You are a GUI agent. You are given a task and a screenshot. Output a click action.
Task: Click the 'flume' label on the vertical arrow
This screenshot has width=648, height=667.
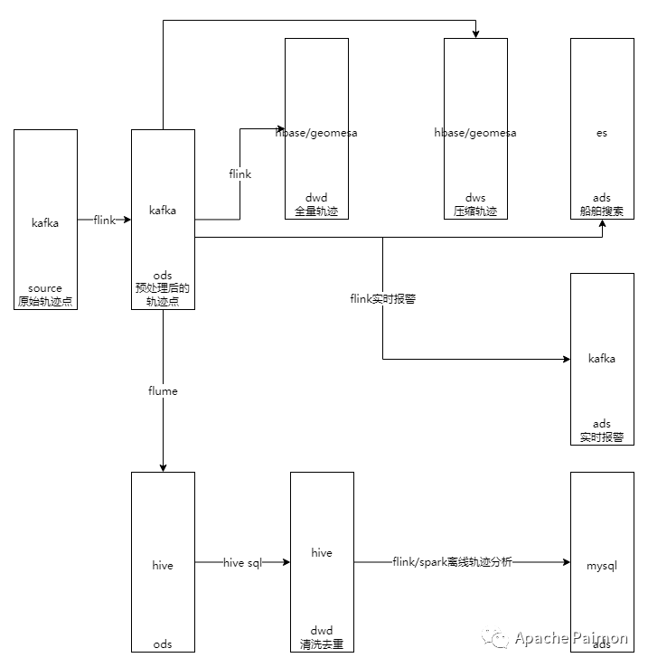point(163,391)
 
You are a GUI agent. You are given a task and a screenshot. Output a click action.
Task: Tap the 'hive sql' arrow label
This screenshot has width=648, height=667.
point(242,563)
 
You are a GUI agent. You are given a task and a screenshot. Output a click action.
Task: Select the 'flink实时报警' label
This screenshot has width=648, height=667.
point(383,299)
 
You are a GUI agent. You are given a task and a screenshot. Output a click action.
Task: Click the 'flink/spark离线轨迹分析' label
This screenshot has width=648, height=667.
point(452,562)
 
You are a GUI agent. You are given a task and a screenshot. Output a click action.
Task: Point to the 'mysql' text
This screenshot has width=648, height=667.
point(602,566)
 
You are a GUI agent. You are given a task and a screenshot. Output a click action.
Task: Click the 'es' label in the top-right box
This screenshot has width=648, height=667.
point(602,133)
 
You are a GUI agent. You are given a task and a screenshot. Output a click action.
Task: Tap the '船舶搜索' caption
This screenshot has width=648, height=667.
point(602,211)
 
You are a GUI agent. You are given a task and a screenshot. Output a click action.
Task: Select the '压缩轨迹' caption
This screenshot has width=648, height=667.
point(475,211)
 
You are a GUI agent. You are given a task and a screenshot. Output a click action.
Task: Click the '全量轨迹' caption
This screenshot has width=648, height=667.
point(316,211)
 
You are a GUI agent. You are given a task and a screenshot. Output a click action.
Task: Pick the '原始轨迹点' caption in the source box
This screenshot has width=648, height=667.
point(45,301)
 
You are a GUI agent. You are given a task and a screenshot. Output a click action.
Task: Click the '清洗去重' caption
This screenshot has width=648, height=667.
point(322,644)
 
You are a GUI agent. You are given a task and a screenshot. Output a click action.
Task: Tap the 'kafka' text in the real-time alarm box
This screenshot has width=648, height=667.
point(602,359)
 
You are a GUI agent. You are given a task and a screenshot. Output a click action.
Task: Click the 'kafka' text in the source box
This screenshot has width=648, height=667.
point(45,223)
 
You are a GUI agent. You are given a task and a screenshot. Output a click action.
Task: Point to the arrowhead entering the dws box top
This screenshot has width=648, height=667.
point(475,34)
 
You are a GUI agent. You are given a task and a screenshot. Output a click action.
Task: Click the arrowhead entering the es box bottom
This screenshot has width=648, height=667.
point(603,224)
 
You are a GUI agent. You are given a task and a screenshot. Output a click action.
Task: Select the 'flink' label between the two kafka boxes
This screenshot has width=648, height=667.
point(105,220)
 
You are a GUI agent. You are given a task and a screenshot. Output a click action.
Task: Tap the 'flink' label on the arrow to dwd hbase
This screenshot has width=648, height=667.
point(240,174)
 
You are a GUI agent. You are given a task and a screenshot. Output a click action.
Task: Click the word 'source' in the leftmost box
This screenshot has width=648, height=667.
point(45,288)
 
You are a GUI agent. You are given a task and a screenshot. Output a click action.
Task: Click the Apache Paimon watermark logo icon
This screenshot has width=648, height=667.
point(495,638)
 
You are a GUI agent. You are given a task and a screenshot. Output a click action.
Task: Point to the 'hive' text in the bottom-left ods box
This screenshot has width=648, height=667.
point(163,566)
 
